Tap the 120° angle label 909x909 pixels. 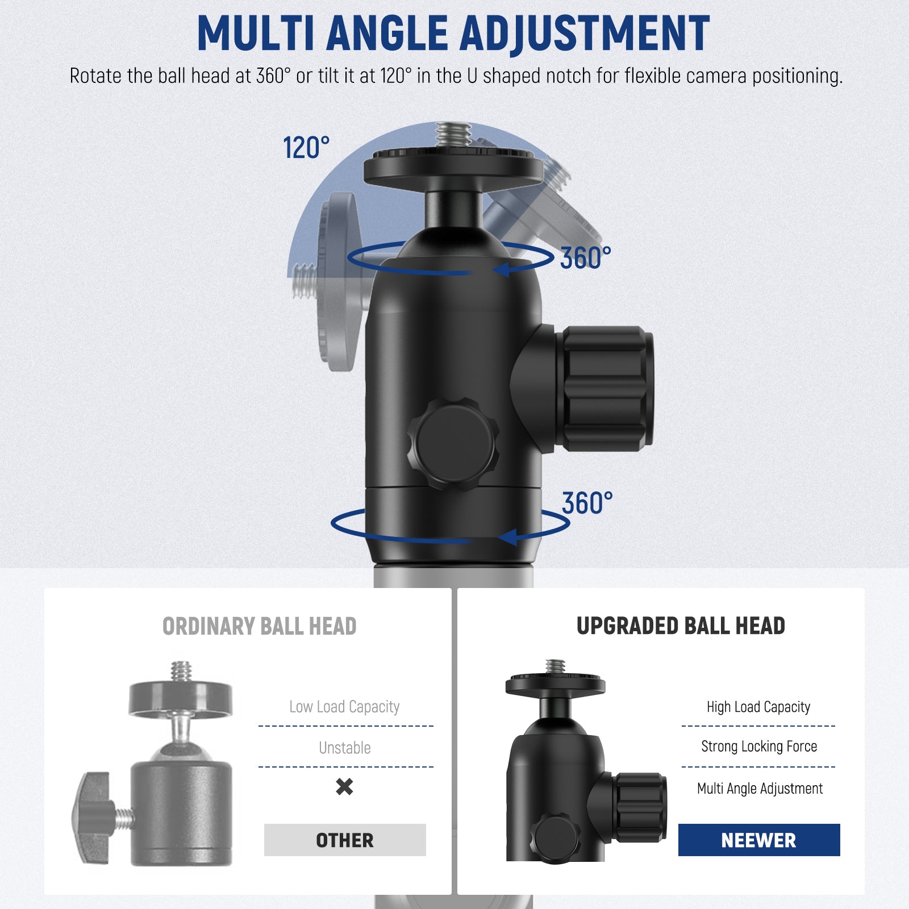(x=306, y=148)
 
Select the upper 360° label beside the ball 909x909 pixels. (x=585, y=258)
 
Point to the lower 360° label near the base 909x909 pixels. (x=587, y=503)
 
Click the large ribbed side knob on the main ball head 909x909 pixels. (x=607, y=389)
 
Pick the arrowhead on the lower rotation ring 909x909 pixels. (x=508, y=537)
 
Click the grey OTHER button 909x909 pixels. (x=344, y=840)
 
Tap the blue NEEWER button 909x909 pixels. (x=758, y=840)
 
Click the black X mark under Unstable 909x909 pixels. (x=344, y=786)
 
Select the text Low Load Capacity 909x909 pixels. (x=344, y=707)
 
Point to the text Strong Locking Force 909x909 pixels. (x=758, y=747)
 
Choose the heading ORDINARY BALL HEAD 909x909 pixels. (x=259, y=626)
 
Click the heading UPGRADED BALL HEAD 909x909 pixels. (x=680, y=626)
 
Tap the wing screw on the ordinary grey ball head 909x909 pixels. (x=94, y=817)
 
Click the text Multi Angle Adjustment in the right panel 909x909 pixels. (x=760, y=789)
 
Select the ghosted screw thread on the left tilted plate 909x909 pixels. (x=306, y=281)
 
